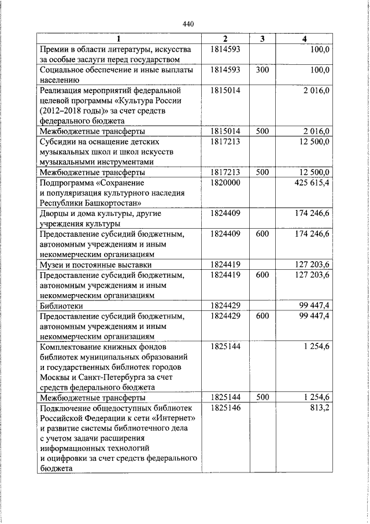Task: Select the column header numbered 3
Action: pos(262,39)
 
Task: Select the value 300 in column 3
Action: pos(262,70)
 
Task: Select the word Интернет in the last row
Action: pos(174,418)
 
